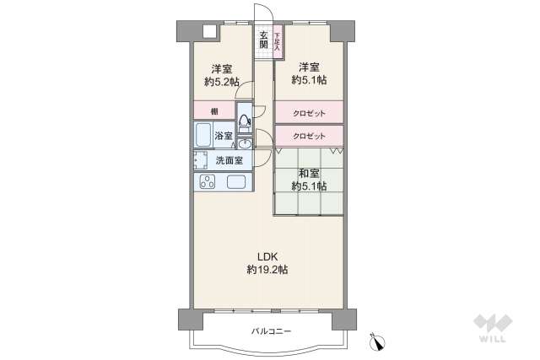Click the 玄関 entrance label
coord(263,40)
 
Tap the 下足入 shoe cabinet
coord(277,41)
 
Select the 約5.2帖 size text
coord(222,82)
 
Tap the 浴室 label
coord(224,136)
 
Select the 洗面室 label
coord(229,160)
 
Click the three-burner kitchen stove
coord(206,182)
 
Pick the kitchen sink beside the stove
coord(235,182)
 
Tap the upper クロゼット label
coord(309,112)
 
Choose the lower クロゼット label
coord(309,136)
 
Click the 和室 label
coord(308,173)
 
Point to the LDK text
coord(267,256)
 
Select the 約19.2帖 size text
coord(267,270)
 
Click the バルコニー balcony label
coord(271,331)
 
